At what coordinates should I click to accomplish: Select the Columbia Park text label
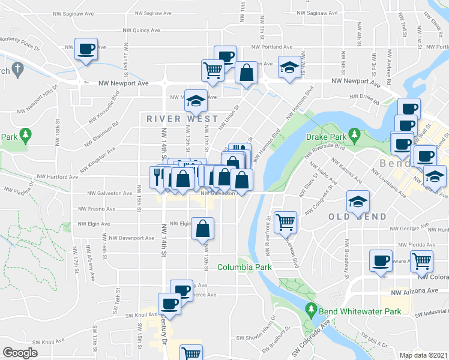[x=244, y=267]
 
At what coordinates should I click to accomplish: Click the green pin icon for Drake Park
[x=354, y=133]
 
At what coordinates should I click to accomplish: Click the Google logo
[x=20, y=353]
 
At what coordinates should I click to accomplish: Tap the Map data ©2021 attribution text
[x=424, y=355]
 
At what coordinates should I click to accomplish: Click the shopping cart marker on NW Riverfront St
[x=285, y=221]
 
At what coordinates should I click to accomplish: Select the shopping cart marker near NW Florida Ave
[x=422, y=261]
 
